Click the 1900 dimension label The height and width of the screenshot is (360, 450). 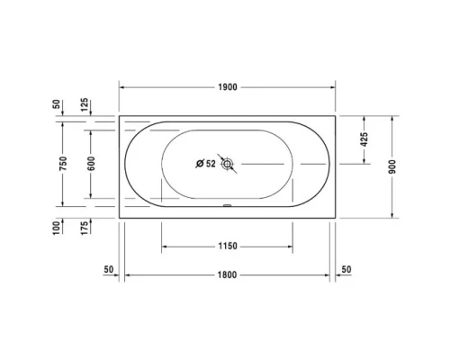tap(227, 87)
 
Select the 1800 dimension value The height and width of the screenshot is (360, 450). tap(227, 274)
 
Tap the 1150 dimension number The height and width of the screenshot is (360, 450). tap(227, 246)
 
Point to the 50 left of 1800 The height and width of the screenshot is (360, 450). tap(109, 269)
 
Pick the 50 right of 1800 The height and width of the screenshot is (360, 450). tap(346, 269)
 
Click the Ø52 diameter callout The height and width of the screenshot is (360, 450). tap(206, 164)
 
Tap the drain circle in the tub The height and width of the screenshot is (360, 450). tap(228, 164)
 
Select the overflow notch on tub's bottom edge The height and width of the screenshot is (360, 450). tap(228, 204)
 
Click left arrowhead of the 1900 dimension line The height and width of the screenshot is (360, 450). tap(123, 87)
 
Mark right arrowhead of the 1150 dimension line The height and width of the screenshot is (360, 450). tap(289, 246)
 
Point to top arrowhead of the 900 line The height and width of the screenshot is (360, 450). tap(392, 117)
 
